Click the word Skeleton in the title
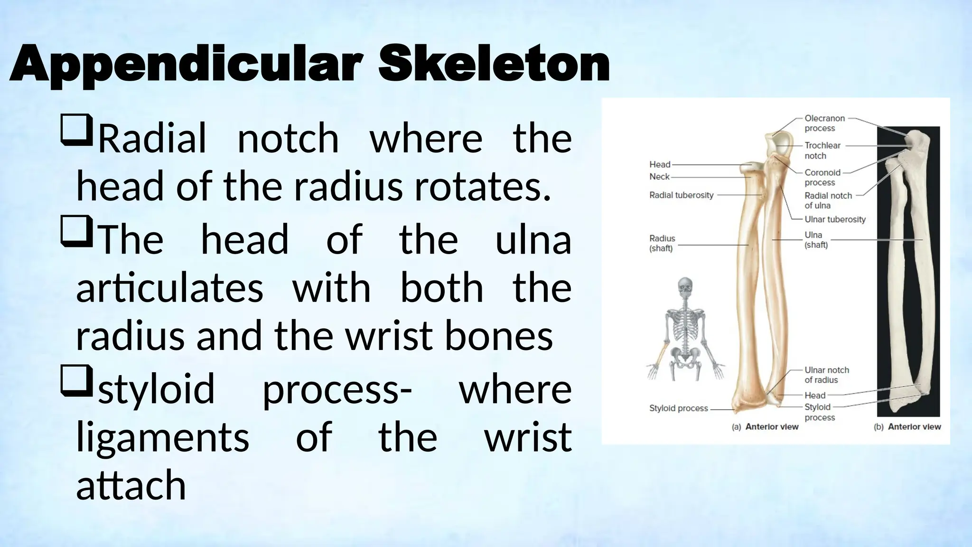[494, 64]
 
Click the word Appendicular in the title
[186, 65]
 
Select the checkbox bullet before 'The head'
[76, 231]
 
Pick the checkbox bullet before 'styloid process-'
[76, 381]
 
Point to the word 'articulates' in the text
[169, 288]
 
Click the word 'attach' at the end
[131, 485]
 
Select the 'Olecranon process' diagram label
[824, 123]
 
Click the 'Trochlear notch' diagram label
[822, 151]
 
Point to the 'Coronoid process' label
[822, 177]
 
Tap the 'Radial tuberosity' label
[681, 195]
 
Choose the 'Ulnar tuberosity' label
[835, 219]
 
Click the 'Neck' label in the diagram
[659, 177]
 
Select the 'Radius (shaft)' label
[662, 243]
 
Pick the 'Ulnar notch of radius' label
[826, 375]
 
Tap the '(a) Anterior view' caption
[765, 427]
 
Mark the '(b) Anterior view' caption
[907, 427]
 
